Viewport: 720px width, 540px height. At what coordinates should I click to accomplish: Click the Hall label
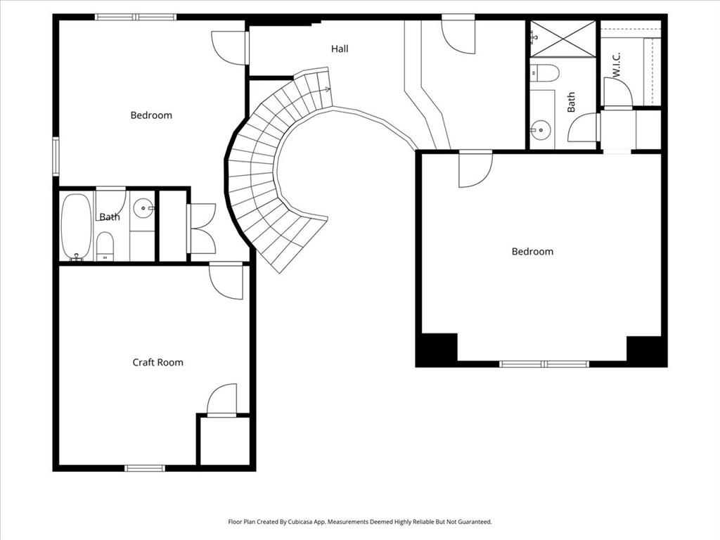tap(340, 49)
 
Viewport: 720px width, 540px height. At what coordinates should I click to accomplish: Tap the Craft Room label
tap(158, 363)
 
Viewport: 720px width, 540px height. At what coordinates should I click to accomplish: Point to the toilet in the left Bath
tap(105, 246)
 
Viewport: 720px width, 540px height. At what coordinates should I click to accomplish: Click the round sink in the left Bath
tap(143, 207)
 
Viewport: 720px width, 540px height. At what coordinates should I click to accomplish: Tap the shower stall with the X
tap(562, 39)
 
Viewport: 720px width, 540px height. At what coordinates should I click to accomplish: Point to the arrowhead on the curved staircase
tap(327, 89)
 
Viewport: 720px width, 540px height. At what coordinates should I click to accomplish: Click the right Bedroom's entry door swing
tap(475, 169)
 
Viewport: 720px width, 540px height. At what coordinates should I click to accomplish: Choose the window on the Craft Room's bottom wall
tap(145, 468)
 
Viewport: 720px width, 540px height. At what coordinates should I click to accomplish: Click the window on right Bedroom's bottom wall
tap(544, 364)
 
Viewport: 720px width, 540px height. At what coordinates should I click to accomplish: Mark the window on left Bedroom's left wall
tap(56, 156)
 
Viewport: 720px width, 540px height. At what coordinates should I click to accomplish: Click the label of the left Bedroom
tap(151, 115)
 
